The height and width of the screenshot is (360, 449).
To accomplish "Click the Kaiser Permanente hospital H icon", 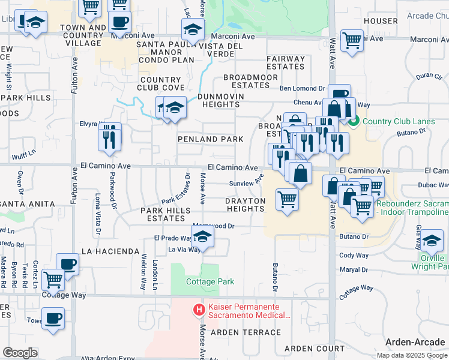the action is tap(197, 310).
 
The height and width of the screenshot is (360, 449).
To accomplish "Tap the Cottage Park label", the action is tap(202, 281).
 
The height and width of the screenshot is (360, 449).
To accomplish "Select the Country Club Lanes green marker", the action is tap(354, 121).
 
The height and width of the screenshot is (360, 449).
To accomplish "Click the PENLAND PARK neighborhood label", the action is tap(210, 139).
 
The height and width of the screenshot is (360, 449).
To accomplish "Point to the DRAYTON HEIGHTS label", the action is tap(244, 205).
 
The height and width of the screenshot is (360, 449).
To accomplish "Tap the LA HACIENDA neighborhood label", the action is tap(106, 251).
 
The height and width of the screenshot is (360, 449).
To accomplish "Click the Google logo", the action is tap(20, 353).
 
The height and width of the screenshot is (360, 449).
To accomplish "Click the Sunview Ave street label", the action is tap(246, 181).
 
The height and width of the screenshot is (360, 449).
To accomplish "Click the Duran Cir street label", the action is tap(429, 76).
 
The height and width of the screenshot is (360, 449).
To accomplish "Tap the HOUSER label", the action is tap(381, 21).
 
